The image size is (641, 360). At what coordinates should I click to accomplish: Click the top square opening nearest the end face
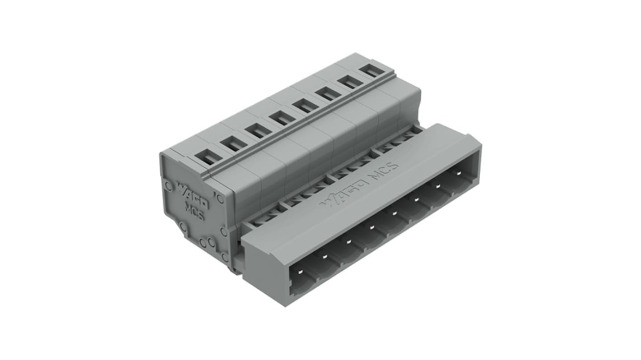[x=209, y=157]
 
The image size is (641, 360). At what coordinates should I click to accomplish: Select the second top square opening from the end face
[x=234, y=143]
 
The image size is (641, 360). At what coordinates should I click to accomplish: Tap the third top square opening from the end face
[x=259, y=130]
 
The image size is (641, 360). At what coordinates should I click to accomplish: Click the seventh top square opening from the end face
[x=350, y=82]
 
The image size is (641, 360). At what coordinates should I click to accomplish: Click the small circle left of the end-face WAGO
[x=167, y=185]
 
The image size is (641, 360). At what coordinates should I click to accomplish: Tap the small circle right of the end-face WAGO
[x=220, y=198]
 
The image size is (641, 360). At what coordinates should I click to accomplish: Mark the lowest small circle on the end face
[x=224, y=258]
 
